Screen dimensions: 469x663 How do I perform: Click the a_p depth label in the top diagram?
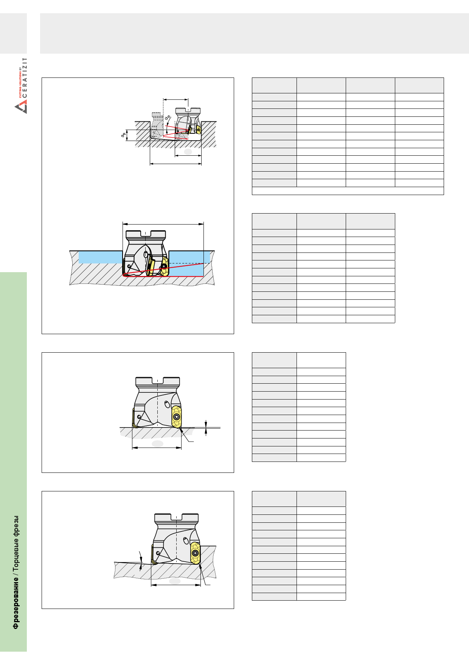click(x=123, y=135)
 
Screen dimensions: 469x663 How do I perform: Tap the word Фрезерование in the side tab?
click(x=16, y=603)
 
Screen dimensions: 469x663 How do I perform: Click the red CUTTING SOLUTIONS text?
click(x=20, y=84)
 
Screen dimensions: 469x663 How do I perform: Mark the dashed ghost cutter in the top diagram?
click(x=156, y=125)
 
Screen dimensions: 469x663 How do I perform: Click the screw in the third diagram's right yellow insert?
click(x=176, y=417)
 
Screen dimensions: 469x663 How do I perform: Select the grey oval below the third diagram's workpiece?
click(x=157, y=443)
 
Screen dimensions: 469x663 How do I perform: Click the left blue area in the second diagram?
click(x=101, y=257)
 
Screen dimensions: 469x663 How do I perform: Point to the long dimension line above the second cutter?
click(x=163, y=224)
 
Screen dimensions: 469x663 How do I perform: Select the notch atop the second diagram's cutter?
click(x=146, y=233)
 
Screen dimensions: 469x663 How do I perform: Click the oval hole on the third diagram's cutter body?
click(x=167, y=404)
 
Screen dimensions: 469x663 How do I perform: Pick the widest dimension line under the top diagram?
click(x=175, y=164)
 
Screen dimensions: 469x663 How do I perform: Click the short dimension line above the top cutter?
click(x=175, y=100)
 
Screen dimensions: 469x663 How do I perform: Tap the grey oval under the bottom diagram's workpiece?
click(x=175, y=581)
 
